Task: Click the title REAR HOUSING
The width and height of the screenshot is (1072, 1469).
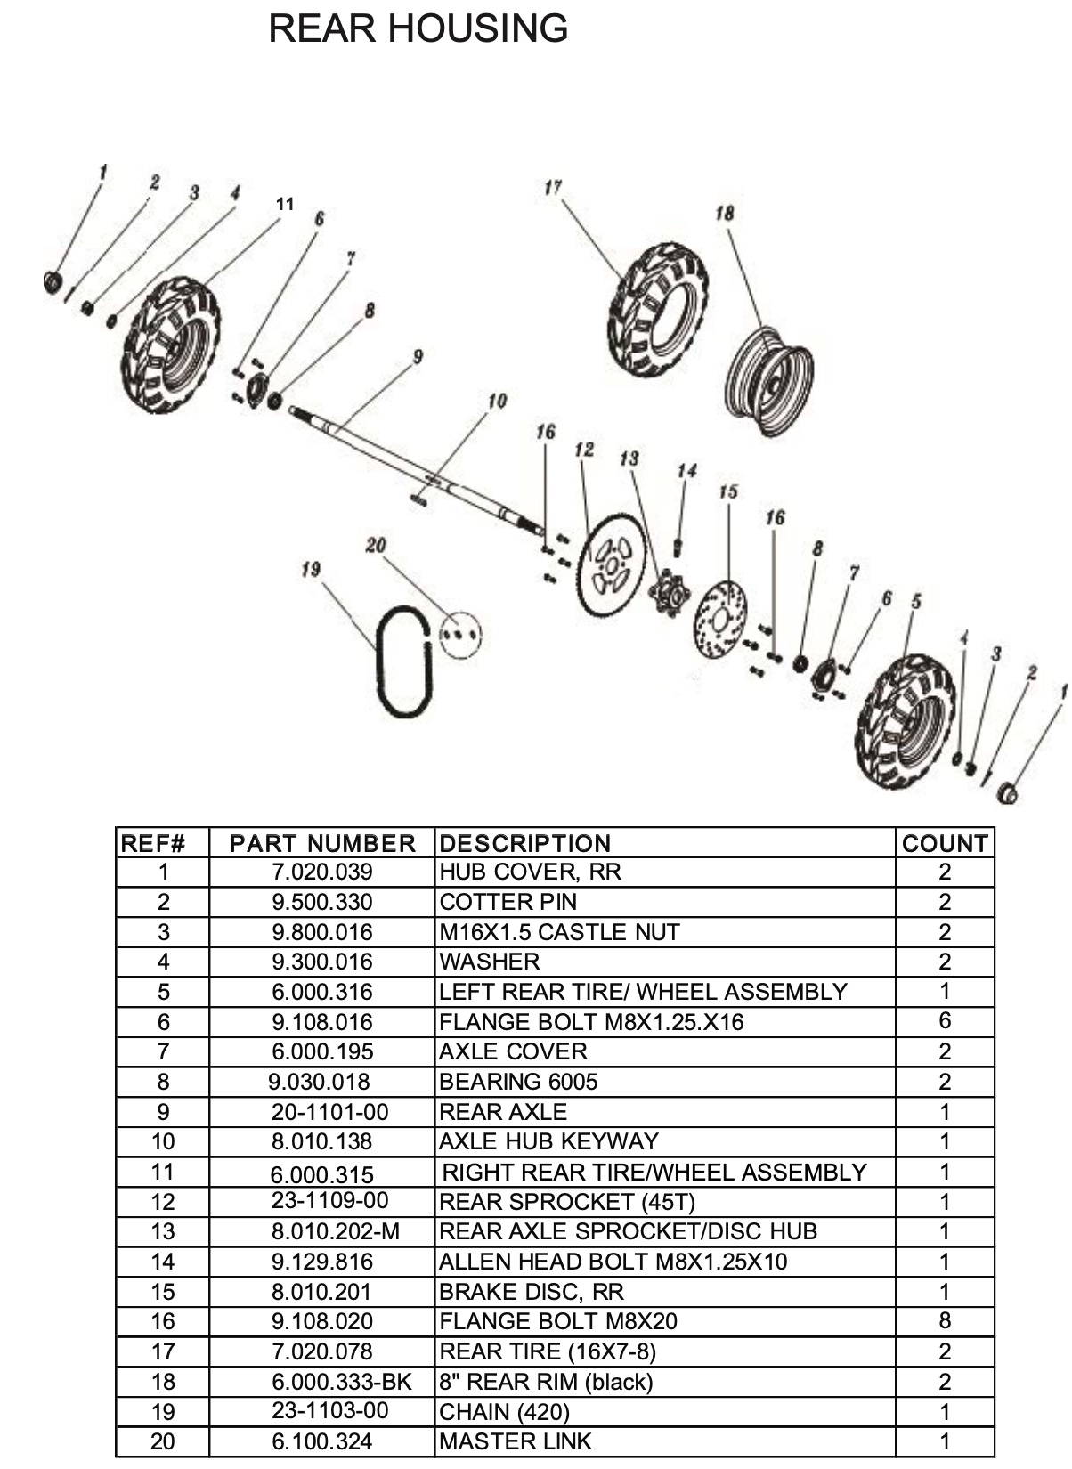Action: click(x=418, y=28)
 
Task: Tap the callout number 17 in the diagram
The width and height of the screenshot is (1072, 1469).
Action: click(x=553, y=188)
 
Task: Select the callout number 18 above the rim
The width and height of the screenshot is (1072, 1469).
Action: click(x=724, y=213)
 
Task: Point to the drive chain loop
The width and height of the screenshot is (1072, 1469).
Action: click(x=381, y=662)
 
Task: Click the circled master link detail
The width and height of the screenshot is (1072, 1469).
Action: click(x=459, y=635)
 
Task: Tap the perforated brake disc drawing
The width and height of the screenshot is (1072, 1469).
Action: click(x=720, y=619)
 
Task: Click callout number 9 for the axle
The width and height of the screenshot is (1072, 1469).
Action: click(x=418, y=357)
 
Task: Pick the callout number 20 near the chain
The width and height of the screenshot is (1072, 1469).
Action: click(x=376, y=545)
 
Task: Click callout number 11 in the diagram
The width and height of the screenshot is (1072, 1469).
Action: click(x=285, y=204)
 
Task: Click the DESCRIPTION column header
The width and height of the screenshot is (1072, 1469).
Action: click(x=525, y=843)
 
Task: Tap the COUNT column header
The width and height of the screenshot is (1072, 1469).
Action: click(x=945, y=843)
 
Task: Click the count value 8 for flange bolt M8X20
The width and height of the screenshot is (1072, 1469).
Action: click(x=945, y=1320)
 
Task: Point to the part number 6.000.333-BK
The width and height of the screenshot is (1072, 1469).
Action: click(x=342, y=1382)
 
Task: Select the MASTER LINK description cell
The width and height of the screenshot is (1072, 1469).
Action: click(x=516, y=1441)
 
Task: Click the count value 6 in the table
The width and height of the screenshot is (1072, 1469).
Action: click(x=945, y=1020)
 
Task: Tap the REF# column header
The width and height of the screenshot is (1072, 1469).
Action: click(x=153, y=843)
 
